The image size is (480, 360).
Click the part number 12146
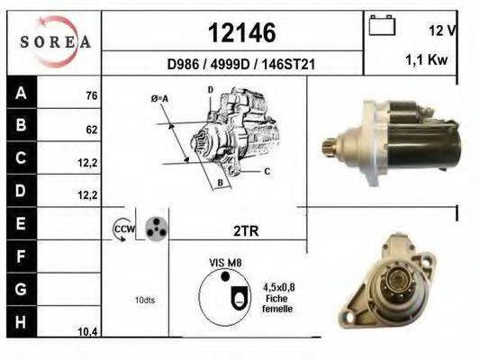(242, 32)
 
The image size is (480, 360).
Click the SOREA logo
(55, 41)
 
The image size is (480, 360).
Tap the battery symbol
(382, 25)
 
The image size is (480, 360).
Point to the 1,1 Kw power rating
(427, 59)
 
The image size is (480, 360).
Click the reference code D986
(183, 65)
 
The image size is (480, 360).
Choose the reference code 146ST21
(288, 65)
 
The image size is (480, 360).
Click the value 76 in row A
(92, 96)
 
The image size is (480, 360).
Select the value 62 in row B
(92, 130)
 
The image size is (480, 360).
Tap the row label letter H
(21, 322)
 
